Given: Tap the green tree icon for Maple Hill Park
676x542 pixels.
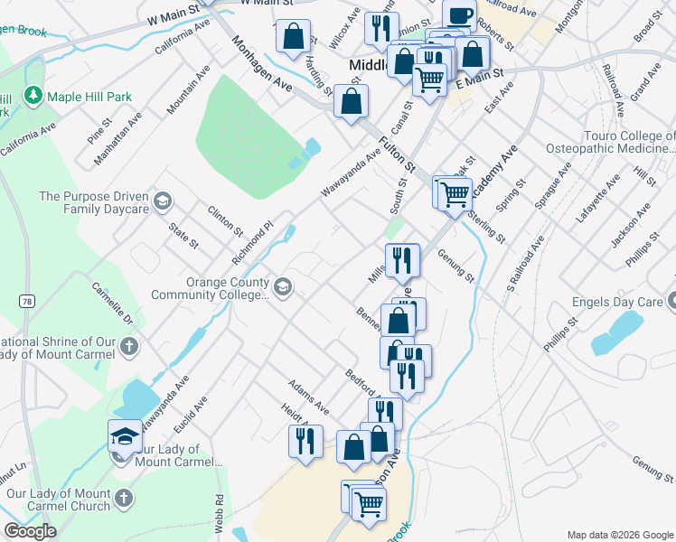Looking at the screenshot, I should (x=33, y=95).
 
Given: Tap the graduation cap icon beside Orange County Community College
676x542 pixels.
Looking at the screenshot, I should (x=283, y=288).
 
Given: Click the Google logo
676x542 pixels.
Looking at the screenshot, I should (x=30, y=531).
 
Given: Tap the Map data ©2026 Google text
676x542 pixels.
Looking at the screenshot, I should (x=620, y=534).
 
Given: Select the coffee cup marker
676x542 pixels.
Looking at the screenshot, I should (x=460, y=15).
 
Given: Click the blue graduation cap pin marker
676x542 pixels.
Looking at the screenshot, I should (x=124, y=436).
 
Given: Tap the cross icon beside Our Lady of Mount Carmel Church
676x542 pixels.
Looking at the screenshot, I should (x=123, y=498).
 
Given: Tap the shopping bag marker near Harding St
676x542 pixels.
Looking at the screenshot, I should (x=293, y=37).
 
